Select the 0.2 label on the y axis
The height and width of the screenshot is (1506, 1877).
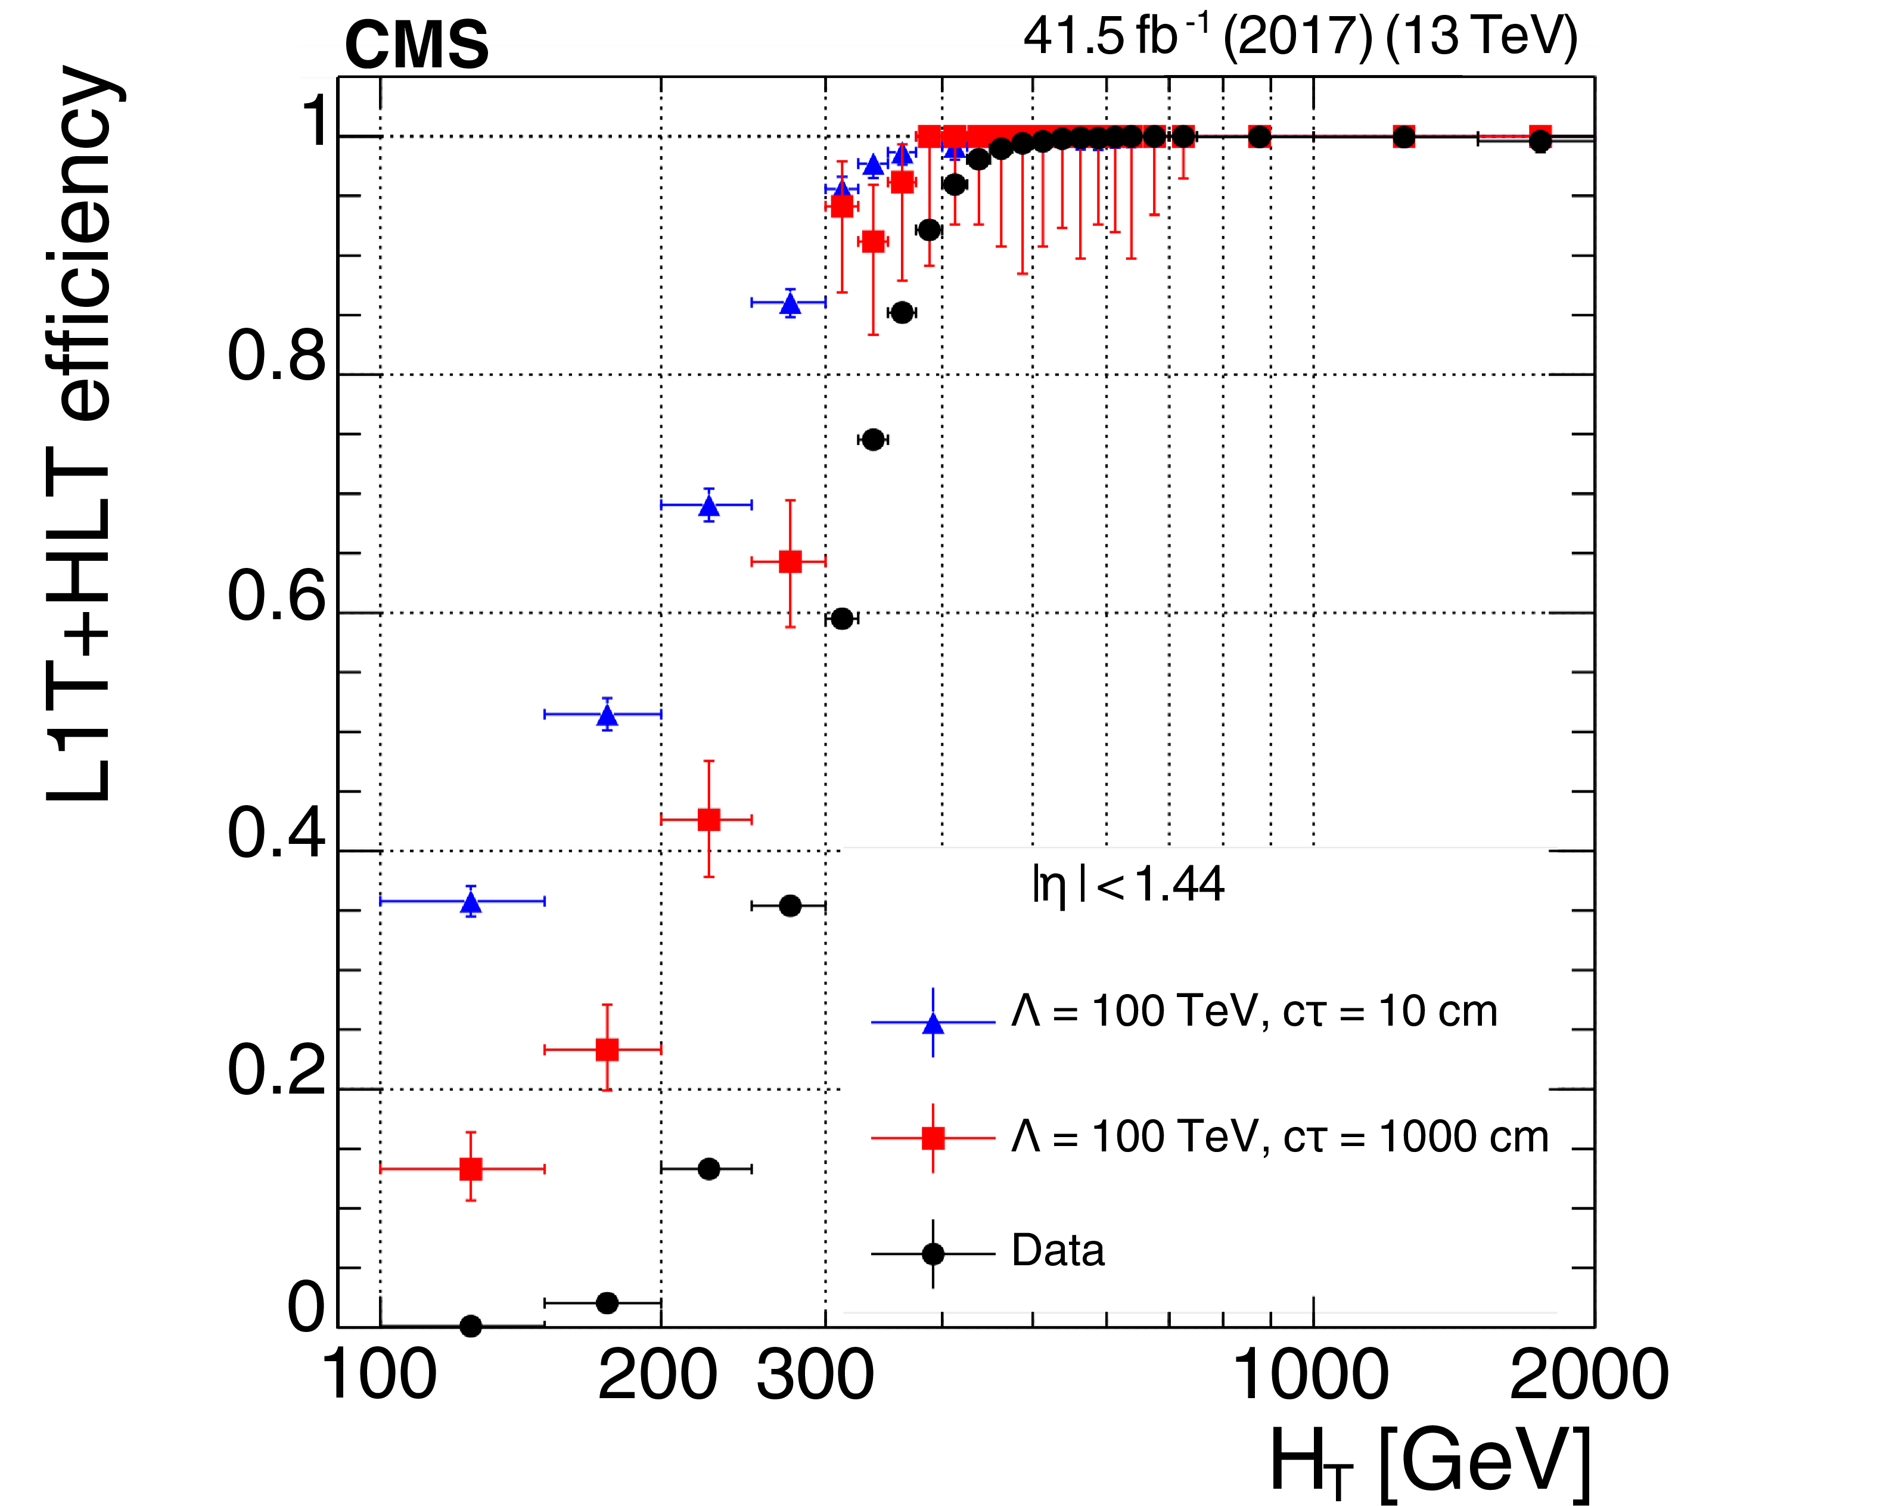[x=277, y=1071]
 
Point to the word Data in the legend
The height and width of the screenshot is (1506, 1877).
[x=1058, y=1251]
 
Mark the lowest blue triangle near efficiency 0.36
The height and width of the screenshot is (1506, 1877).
[x=471, y=902]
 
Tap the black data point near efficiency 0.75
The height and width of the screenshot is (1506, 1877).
[x=873, y=440]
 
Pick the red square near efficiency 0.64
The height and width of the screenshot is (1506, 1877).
[x=790, y=561]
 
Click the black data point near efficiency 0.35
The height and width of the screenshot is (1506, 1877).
[x=790, y=905]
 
